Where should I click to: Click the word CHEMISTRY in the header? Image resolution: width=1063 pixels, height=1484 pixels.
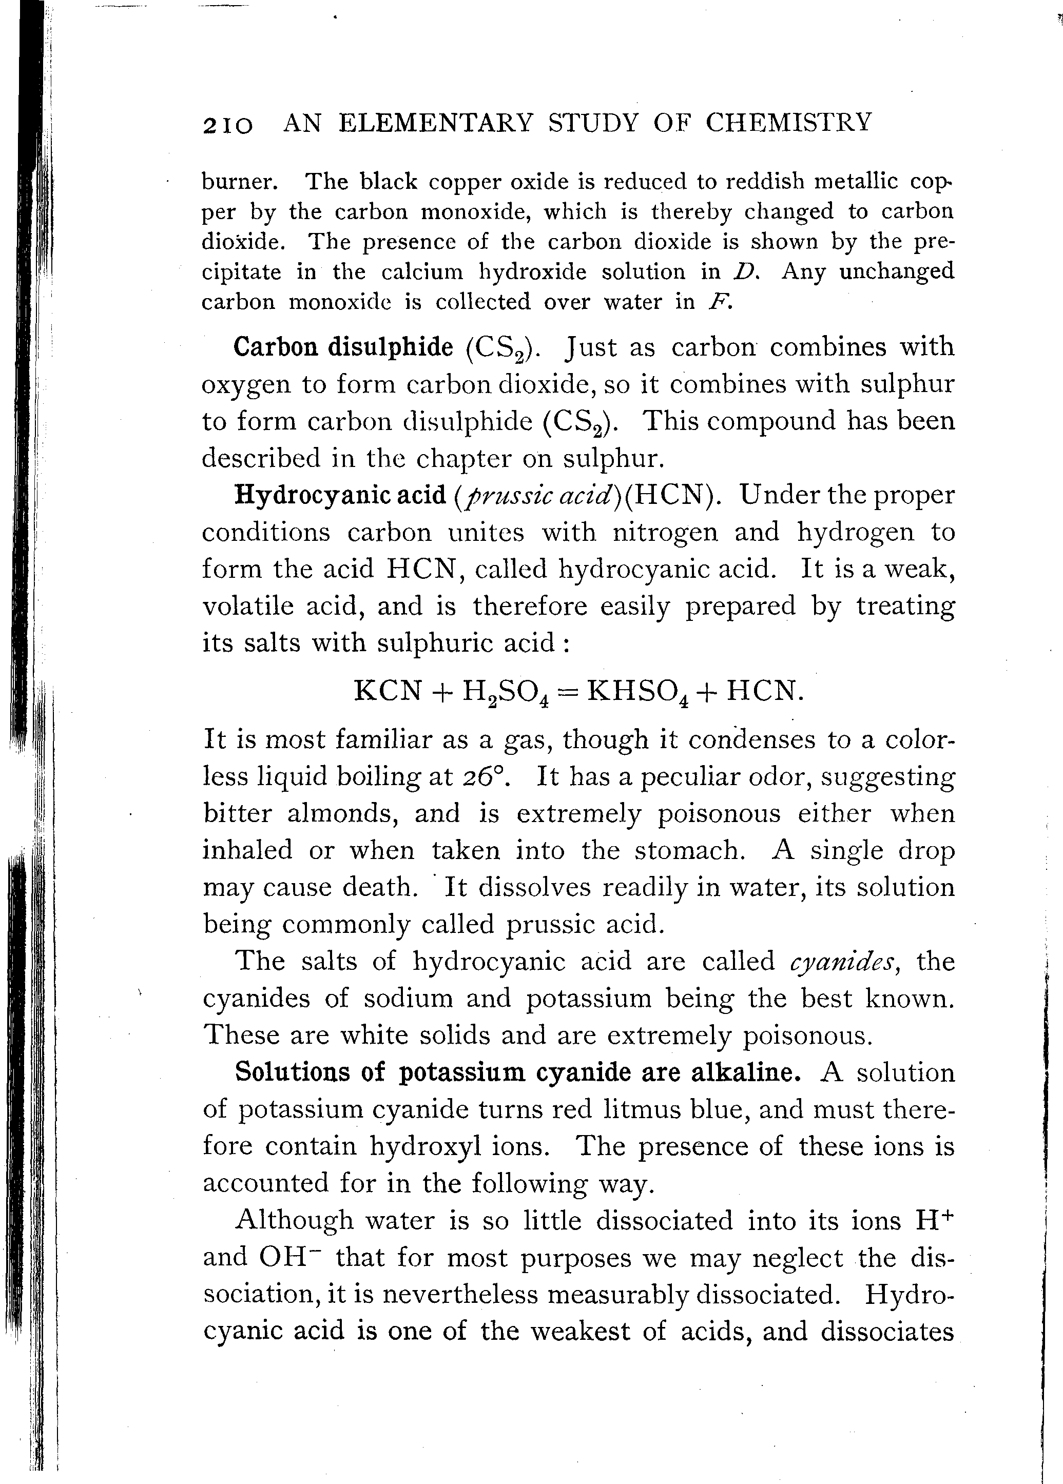click(x=789, y=122)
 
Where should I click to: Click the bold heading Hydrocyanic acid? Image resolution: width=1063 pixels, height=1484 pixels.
click(x=340, y=495)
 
